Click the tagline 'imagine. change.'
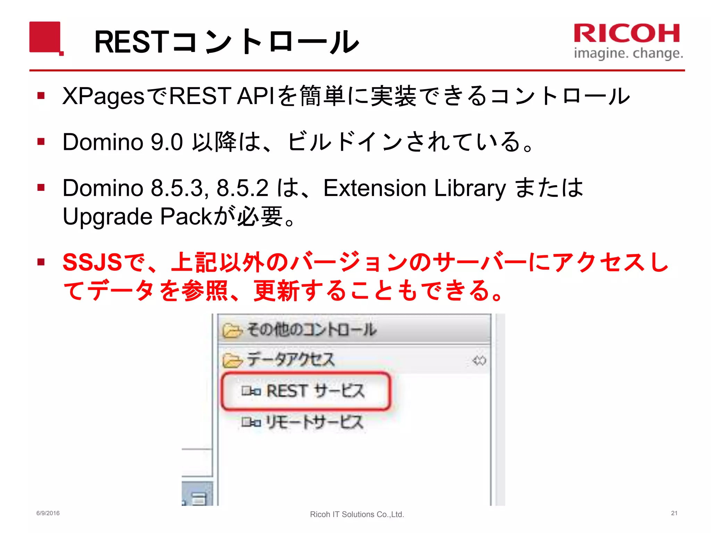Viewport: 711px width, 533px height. click(x=628, y=53)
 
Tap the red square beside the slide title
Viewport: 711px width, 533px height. click(x=45, y=37)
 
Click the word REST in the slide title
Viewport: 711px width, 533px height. click(x=132, y=42)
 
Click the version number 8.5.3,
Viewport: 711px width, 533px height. click(x=180, y=188)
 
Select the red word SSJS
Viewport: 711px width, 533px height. click(x=92, y=262)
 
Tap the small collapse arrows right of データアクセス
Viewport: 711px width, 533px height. click(x=479, y=361)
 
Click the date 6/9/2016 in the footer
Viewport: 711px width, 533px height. click(x=48, y=513)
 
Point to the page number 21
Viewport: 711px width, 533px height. click(x=674, y=513)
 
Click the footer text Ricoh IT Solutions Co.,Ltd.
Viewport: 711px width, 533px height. click(x=357, y=514)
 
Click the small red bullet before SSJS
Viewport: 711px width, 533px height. click(x=41, y=262)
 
